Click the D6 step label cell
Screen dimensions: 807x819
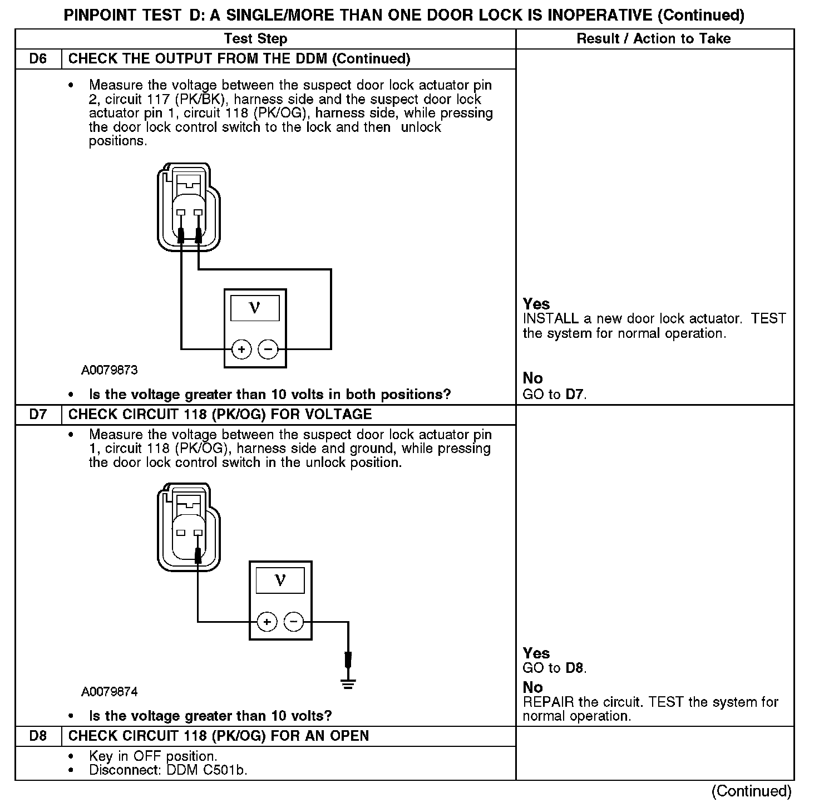pyautogui.click(x=38, y=59)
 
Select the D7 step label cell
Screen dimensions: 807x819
pyautogui.click(x=38, y=415)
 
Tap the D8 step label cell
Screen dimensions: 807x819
pyautogui.click(x=38, y=736)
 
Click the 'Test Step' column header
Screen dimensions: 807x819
pyautogui.click(x=255, y=39)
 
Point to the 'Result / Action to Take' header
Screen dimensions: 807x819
pyautogui.click(x=654, y=39)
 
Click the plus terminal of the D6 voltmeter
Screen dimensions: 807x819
pyautogui.click(x=241, y=350)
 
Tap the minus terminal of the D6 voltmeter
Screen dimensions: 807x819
pyautogui.click(x=268, y=350)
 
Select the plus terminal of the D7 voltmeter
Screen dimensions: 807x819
pyautogui.click(x=267, y=621)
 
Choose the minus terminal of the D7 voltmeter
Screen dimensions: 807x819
pyautogui.click(x=294, y=621)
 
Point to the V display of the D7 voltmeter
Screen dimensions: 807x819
pyautogui.click(x=280, y=580)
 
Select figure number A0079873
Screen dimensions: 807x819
pyautogui.click(x=110, y=370)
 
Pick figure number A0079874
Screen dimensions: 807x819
pyautogui.click(x=110, y=692)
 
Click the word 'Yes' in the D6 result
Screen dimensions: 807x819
pyautogui.click(x=536, y=304)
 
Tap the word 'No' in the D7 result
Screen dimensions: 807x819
pyautogui.click(x=532, y=687)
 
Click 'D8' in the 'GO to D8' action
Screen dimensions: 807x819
pyautogui.click(x=575, y=668)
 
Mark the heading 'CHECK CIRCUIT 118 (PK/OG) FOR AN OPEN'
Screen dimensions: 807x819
pyautogui.click(x=218, y=736)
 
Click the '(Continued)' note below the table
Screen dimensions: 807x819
pyautogui.click(x=751, y=791)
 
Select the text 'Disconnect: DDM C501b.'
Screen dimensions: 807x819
pyautogui.click(x=168, y=770)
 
